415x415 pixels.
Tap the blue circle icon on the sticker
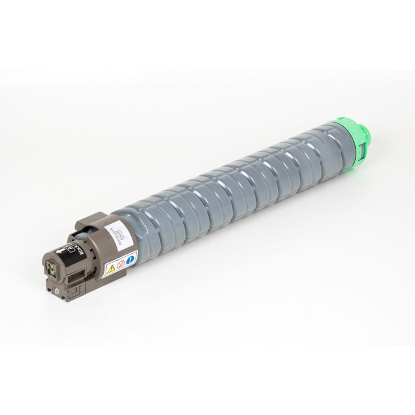[x=131, y=257]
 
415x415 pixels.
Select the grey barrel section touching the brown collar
[x=130, y=222]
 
